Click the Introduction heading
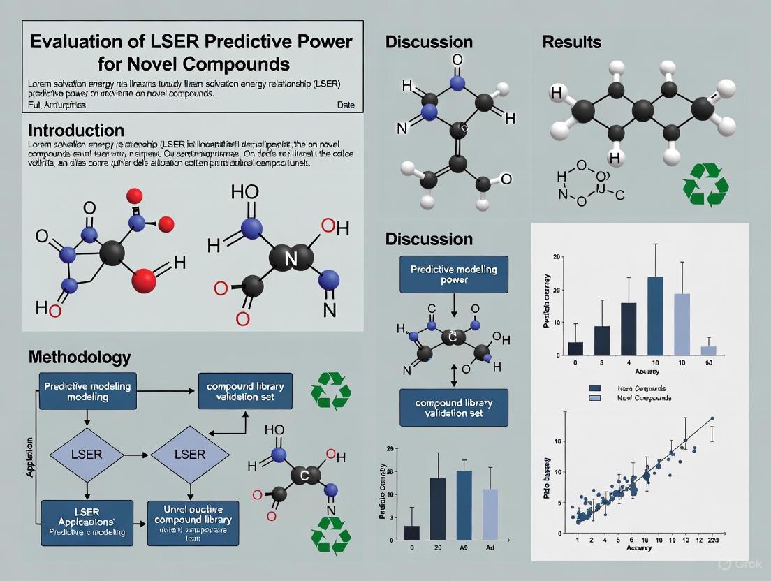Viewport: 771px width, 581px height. [x=76, y=131]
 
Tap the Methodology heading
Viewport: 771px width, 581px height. [x=79, y=357]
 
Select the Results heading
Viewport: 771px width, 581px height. [x=571, y=42]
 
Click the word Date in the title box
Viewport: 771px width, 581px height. [x=345, y=105]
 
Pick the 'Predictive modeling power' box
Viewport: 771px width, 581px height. [x=454, y=274]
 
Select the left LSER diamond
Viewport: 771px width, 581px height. [x=87, y=455]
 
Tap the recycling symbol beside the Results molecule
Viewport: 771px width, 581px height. [x=705, y=186]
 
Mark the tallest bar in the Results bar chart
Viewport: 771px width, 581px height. [x=655, y=316]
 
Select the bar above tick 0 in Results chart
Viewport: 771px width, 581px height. [x=575, y=348]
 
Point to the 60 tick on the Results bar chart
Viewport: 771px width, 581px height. [x=708, y=363]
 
